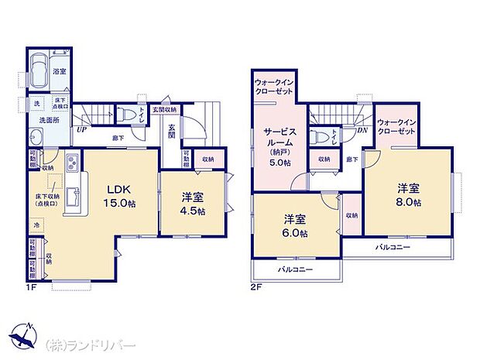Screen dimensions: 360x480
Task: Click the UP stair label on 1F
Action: click(81, 129)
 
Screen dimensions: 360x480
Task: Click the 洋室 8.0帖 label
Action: click(408, 195)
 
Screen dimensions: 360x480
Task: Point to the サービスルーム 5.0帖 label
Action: click(276, 147)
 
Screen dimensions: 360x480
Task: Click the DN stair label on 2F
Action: click(362, 129)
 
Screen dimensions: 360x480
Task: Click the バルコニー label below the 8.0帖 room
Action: click(393, 247)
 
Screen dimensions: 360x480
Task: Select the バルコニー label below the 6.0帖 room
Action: click(295, 269)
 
